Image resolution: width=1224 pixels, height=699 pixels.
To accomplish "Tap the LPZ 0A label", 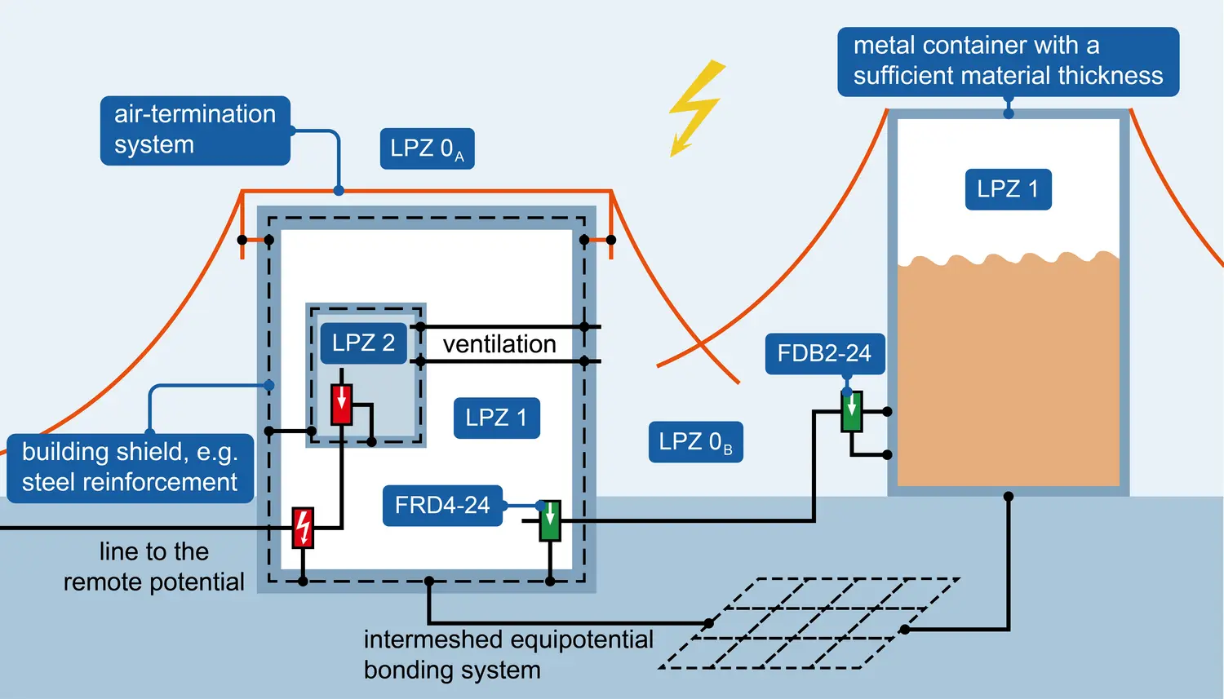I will click(427, 148).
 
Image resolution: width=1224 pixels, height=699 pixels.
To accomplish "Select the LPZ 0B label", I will click(695, 442).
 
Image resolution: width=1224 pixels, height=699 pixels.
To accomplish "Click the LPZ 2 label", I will click(363, 343).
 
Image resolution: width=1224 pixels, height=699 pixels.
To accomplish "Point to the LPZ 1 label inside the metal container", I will click(1008, 189).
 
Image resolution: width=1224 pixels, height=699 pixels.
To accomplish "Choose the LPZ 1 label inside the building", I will click(496, 418).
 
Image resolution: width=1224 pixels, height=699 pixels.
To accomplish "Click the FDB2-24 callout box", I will click(824, 354).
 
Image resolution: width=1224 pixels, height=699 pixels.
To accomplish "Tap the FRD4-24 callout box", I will click(442, 506).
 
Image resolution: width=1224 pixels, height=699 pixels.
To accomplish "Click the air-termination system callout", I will click(195, 131).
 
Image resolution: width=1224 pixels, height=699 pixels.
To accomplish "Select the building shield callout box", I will click(130, 467).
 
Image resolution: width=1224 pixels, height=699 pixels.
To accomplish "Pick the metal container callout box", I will click(1008, 61).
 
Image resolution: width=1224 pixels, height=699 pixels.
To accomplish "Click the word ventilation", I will click(499, 344).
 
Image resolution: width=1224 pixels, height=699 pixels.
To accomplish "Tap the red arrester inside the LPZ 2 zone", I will click(341, 405).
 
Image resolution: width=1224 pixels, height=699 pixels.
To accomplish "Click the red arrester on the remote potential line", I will click(303, 528).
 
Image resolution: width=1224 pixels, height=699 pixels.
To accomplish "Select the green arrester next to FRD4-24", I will click(550, 521).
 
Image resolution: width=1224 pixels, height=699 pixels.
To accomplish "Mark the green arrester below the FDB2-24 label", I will click(852, 412).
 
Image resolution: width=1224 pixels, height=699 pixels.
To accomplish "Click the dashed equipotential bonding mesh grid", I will click(808, 623).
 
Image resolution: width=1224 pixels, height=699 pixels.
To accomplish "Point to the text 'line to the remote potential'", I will click(153, 567).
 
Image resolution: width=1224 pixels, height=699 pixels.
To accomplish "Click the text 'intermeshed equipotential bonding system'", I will click(508, 654).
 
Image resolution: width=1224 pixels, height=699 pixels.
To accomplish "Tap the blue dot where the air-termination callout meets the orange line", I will click(339, 191).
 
